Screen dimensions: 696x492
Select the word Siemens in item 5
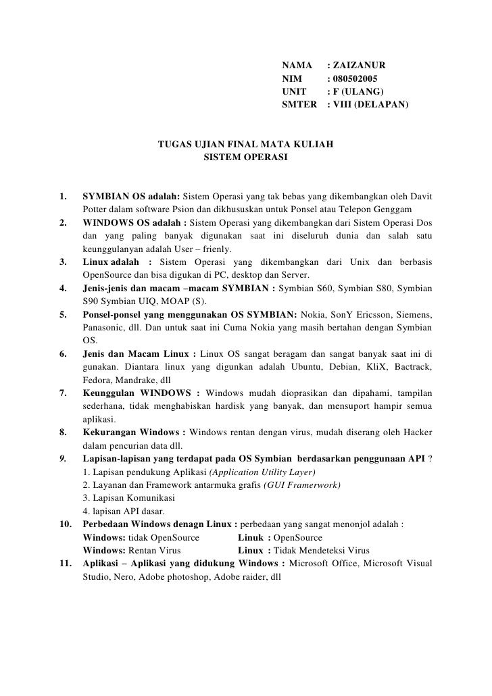click(x=414, y=315)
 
